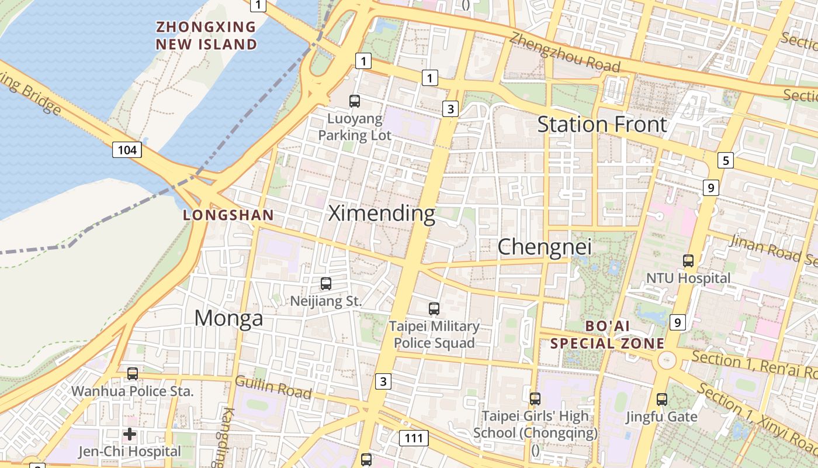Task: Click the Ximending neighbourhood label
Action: [382, 214]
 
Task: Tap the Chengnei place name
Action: [544, 247]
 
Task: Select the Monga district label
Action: [228, 318]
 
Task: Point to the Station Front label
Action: [602, 125]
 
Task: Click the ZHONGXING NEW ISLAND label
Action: [206, 36]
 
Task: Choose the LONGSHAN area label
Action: [228, 215]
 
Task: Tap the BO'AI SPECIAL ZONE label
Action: [608, 335]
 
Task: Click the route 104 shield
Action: [127, 150]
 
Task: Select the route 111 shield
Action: [414, 438]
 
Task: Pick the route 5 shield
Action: [725, 160]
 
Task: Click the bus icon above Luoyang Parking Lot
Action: [355, 101]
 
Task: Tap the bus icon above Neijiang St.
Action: [326, 284]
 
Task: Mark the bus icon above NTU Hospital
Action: [688, 261]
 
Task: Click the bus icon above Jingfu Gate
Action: [661, 400]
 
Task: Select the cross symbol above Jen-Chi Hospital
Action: [130, 434]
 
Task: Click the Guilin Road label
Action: [273, 387]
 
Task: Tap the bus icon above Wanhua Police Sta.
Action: [133, 373]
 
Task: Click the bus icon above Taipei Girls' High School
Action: [535, 399]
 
